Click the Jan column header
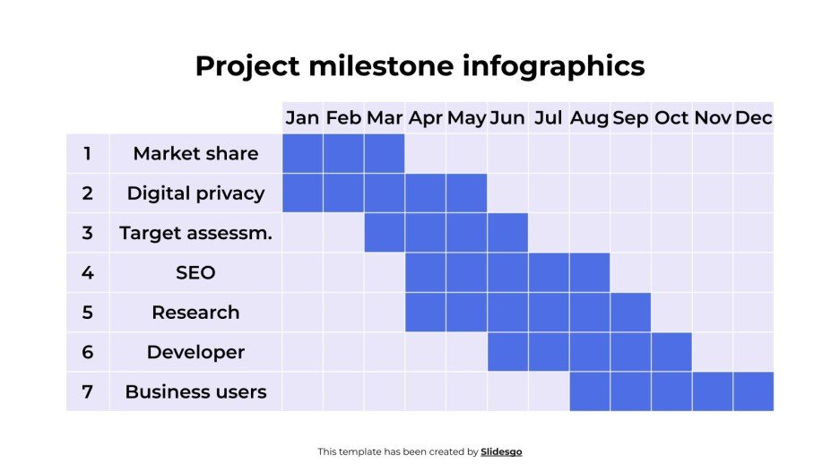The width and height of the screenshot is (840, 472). (x=302, y=117)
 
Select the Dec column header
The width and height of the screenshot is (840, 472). (x=753, y=117)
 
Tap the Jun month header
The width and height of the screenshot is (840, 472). (x=507, y=117)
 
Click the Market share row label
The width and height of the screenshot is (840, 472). (x=195, y=153)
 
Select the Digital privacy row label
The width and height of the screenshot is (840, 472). (x=195, y=193)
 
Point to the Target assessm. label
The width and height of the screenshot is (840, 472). (x=195, y=233)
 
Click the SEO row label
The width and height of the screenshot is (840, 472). (x=195, y=272)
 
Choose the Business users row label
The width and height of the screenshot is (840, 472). (x=195, y=391)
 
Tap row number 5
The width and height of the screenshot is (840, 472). (x=87, y=312)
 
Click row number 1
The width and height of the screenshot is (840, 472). (x=87, y=153)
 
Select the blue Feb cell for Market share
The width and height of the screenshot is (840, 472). (x=343, y=153)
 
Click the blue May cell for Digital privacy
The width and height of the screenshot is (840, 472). (x=466, y=193)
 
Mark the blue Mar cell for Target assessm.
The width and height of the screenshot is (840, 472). (x=385, y=233)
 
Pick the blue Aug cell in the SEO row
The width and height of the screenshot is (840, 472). (x=589, y=272)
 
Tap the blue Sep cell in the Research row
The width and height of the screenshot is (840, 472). (x=630, y=312)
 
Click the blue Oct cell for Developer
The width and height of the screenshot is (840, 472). (x=671, y=352)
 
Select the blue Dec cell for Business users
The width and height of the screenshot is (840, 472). (x=753, y=391)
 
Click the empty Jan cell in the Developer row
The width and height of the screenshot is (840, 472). (x=302, y=352)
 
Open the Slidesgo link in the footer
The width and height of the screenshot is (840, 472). (x=501, y=452)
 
